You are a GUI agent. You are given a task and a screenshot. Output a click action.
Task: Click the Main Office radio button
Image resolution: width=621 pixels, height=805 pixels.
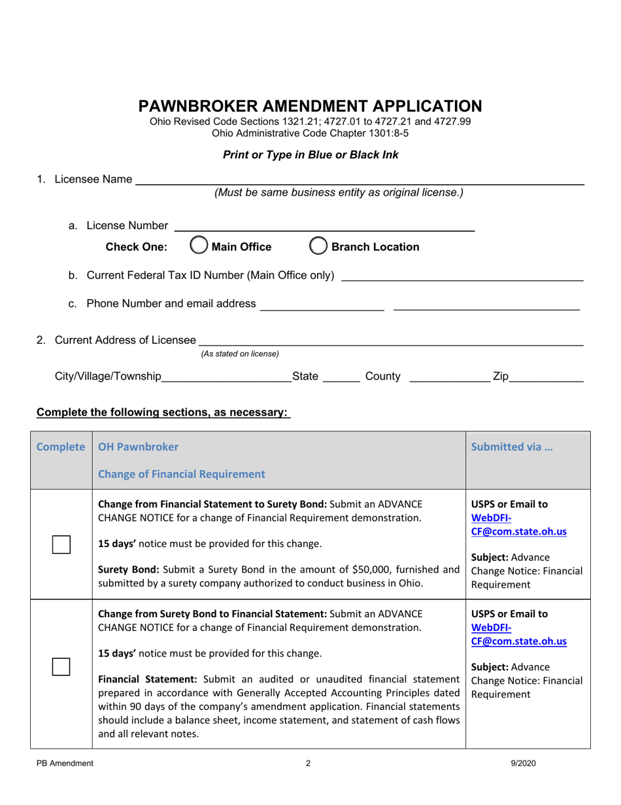(198, 247)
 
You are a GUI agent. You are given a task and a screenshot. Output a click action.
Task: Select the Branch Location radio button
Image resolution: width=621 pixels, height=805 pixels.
(318, 247)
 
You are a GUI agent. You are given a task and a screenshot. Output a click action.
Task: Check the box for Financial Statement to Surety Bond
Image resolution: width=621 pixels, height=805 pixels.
(61, 544)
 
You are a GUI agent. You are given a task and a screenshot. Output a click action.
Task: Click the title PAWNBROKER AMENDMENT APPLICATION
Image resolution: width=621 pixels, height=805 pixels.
(310, 106)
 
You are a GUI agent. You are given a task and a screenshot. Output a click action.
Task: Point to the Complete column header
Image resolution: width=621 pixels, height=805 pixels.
(61, 448)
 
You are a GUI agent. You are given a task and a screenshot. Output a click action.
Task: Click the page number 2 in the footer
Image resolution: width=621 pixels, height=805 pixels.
(309, 762)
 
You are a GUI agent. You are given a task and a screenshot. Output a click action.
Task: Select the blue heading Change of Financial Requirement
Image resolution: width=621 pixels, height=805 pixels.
(182, 474)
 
